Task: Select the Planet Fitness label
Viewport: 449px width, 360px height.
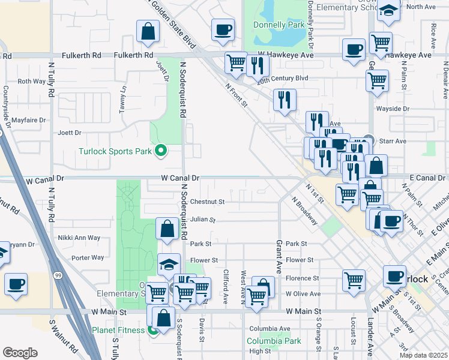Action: click(x=118, y=329)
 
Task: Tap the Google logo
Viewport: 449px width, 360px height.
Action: click(x=20, y=353)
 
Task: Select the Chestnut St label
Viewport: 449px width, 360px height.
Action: click(x=207, y=202)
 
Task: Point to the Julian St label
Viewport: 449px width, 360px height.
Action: click(x=203, y=220)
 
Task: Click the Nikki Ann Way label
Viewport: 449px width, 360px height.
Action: click(x=79, y=238)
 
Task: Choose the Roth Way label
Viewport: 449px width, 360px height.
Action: click(x=32, y=81)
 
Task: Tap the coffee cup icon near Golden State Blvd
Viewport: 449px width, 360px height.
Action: click(x=223, y=29)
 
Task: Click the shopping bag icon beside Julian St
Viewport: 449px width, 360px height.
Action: click(x=167, y=228)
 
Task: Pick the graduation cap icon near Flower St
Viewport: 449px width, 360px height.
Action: click(x=169, y=264)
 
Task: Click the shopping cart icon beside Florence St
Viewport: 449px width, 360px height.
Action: click(x=354, y=280)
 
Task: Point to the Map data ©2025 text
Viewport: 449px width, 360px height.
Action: click(x=423, y=355)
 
